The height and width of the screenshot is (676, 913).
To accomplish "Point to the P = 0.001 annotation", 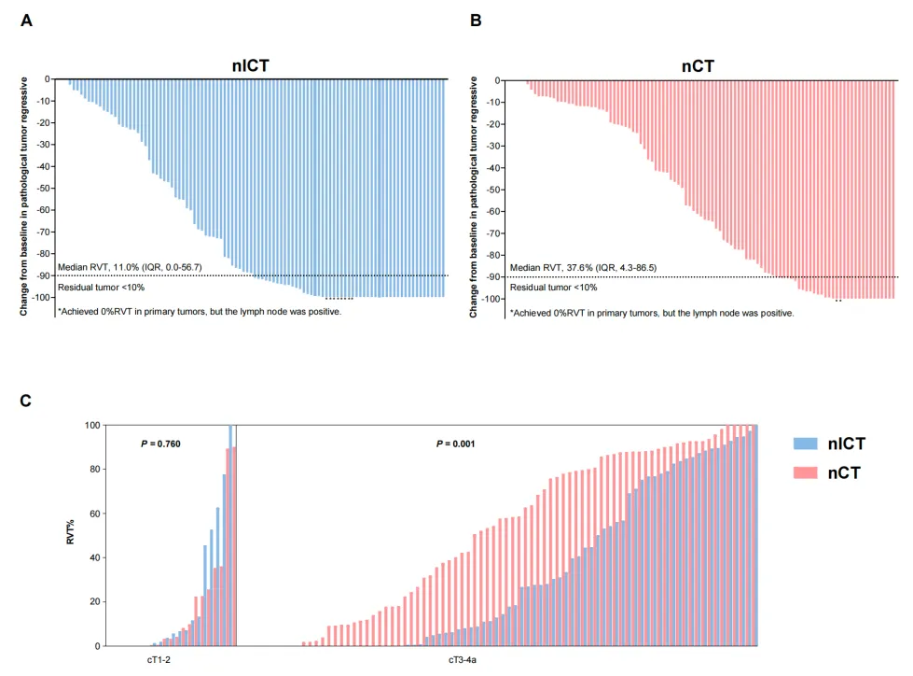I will [455, 444].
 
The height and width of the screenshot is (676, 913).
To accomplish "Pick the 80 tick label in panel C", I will [93, 470].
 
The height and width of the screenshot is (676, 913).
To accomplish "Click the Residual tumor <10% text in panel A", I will [101, 287].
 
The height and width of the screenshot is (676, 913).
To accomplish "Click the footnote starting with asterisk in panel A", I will [200, 312].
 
